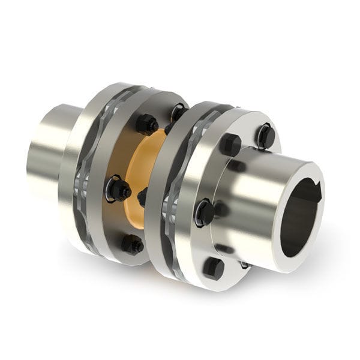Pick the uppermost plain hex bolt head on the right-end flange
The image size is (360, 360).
pos(230,145)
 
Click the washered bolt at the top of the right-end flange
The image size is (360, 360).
pos(265,137)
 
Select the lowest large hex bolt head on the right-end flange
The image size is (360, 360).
pos(213,267)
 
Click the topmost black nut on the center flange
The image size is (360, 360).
pos(146,124)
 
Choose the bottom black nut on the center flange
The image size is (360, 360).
pos(132,244)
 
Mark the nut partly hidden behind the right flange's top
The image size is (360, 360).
pos(178,112)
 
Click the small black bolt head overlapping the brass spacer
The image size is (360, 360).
pos(143,196)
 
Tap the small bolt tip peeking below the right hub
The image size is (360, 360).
pos(245,265)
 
